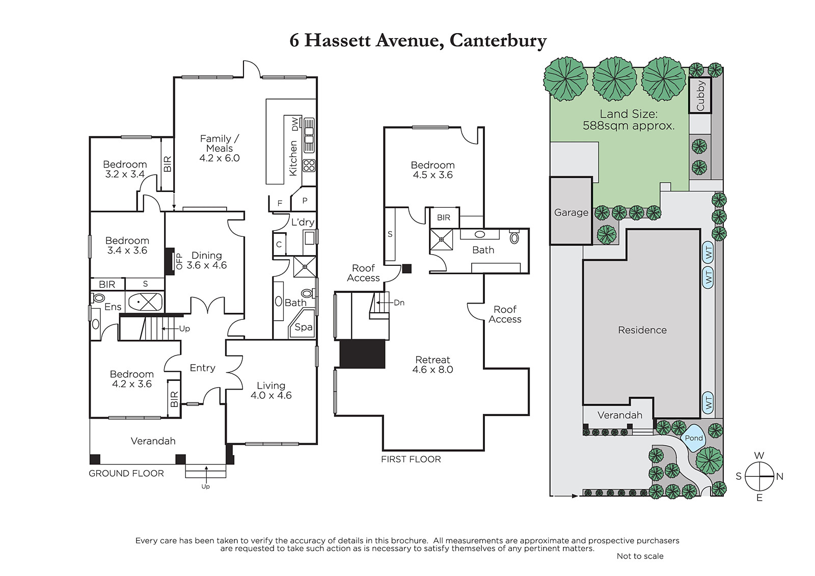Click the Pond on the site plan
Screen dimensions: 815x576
(693, 438)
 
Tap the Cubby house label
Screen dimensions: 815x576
(700, 95)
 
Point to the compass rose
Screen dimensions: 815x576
(759, 476)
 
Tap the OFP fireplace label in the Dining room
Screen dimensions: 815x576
(179, 261)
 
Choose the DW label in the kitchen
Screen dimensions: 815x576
(295, 124)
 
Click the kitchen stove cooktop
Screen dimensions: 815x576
(309, 166)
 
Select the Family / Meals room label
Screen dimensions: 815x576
(220, 148)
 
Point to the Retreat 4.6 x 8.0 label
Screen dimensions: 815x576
(432, 365)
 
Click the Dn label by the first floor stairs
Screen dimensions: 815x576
(399, 303)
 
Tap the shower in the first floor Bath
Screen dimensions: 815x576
(442, 239)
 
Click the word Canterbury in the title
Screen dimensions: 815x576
(498, 41)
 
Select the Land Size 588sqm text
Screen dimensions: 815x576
(629, 120)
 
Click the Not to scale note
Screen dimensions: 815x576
(640, 556)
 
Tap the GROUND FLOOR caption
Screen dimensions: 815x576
(126, 474)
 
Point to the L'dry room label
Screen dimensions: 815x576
(303, 222)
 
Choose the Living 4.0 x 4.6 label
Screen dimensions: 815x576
(271, 391)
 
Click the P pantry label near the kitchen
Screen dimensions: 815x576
(305, 201)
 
